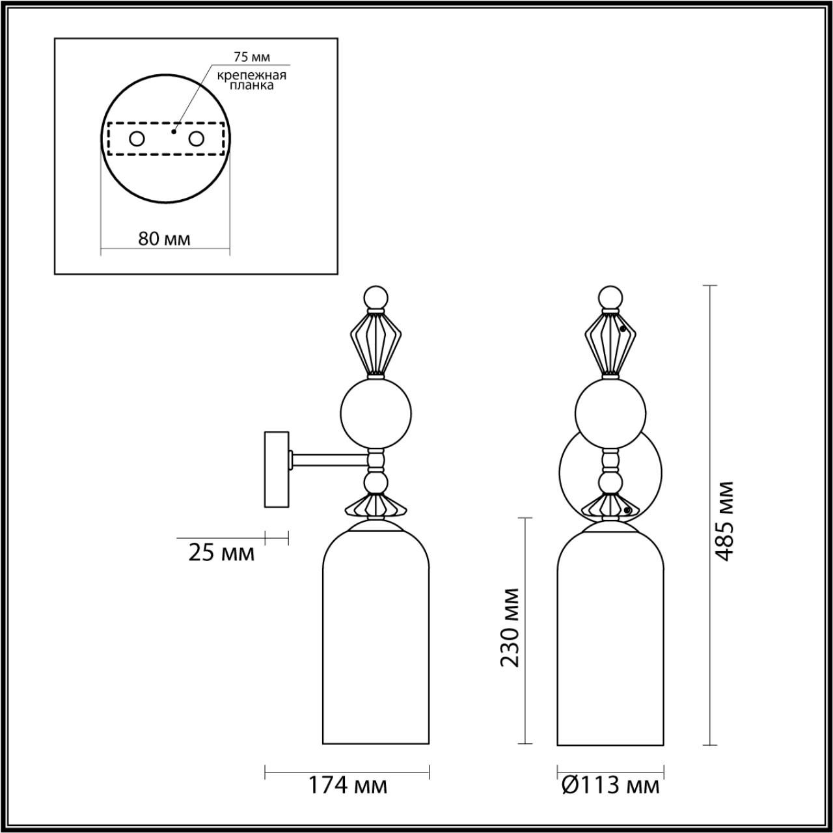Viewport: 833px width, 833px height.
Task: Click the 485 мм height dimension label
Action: click(724, 521)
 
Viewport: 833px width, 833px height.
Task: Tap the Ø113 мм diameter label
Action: click(610, 785)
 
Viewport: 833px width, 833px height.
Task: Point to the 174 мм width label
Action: click(347, 785)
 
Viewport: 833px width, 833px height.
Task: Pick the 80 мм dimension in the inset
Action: click(165, 238)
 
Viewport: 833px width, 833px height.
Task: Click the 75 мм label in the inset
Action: click(251, 58)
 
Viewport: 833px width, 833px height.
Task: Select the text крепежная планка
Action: click(251, 79)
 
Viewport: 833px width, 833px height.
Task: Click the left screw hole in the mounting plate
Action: click(137, 139)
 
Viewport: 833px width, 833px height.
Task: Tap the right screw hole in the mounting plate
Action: click(196, 139)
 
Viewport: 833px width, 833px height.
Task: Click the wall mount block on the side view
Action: click(276, 469)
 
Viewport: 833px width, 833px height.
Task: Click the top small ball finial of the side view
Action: click(376, 299)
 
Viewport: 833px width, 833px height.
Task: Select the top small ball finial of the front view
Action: click(610, 299)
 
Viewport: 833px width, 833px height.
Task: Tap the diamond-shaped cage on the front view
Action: click(610, 343)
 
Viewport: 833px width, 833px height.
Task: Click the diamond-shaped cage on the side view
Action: click(376, 343)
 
